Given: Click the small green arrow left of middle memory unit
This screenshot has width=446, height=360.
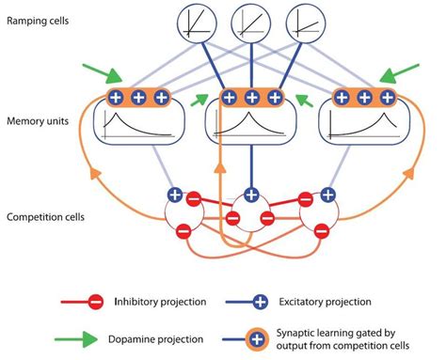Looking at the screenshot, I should tap(199, 97).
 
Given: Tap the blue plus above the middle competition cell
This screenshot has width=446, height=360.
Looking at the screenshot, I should tap(250, 196).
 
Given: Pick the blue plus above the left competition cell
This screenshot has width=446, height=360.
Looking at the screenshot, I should tap(175, 196).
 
